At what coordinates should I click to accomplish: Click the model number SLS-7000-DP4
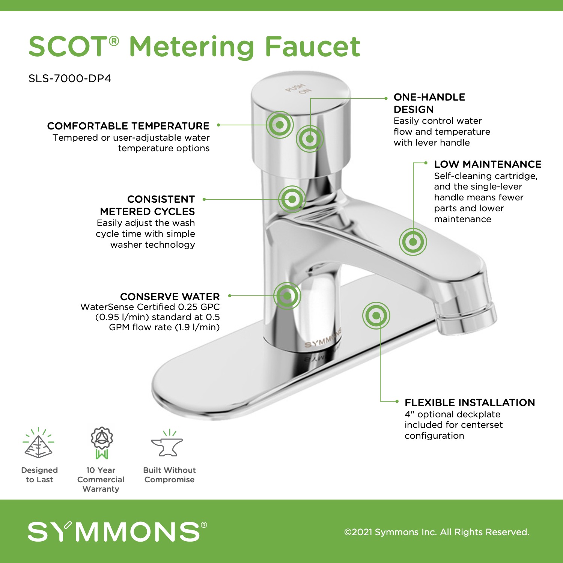click(70, 78)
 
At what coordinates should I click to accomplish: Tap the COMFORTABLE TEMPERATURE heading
click(128, 126)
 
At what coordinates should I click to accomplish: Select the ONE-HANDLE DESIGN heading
click(429, 103)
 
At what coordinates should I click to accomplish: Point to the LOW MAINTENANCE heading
click(488, 164)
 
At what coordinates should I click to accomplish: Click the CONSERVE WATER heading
click(170, 297)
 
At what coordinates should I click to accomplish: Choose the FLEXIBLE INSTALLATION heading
click(470, 402)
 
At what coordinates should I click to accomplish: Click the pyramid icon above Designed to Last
click(38, 443)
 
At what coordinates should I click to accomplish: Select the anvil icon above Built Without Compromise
click(167, 443)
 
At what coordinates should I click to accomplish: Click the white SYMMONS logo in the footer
click(117, 531)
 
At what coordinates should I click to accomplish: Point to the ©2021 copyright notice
click(437, 532)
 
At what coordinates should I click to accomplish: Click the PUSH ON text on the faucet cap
click(299, 89)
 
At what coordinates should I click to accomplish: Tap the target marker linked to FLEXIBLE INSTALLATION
click(376, 316)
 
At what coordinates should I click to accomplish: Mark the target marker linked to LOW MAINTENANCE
click(413, 242)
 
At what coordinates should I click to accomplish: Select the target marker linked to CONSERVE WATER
click(287, 296)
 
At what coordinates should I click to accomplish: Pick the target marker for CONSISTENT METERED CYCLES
click(292, 199)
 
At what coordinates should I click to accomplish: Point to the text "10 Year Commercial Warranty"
click(101, 479)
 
